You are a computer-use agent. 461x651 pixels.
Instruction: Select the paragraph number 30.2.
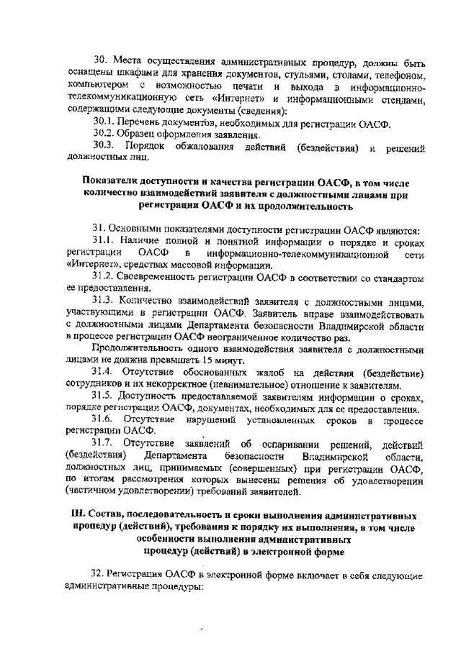pyautogui.click(x=104, y=135)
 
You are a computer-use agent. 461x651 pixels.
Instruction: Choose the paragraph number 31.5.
pyautogui.click(x=104, y=395)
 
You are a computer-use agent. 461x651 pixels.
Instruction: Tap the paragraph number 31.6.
pyautogui.click(x=105, y=418)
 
